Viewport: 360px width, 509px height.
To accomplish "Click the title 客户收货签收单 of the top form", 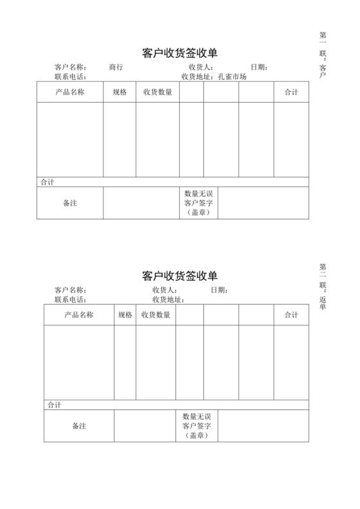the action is [179, 53].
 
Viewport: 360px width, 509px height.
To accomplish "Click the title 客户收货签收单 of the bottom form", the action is [179, 276].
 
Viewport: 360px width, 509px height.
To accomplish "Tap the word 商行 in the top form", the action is [116, 67].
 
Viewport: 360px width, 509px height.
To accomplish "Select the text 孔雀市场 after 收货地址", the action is [232, 76].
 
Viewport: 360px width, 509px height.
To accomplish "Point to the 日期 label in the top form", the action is [259, 67].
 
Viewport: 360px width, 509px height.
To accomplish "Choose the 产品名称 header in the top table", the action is [70, 93].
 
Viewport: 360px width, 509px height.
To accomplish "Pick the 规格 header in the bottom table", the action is [125, 315].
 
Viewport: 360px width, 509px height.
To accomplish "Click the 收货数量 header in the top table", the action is [157, 93].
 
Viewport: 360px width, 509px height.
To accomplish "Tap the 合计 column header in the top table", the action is [291, 93].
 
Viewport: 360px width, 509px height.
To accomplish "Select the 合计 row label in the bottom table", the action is [55, 404].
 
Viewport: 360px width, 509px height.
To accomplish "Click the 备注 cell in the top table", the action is [70, 203].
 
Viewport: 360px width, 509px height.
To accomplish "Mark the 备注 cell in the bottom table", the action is [79, 426].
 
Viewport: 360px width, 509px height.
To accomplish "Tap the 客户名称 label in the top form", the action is [70, 67].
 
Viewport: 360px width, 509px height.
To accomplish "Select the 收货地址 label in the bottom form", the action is [168, 299].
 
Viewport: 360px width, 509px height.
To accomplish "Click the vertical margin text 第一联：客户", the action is [323, 55].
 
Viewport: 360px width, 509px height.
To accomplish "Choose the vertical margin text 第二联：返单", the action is [323, 285].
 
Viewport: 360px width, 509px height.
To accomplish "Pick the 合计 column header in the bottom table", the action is [291, 315].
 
